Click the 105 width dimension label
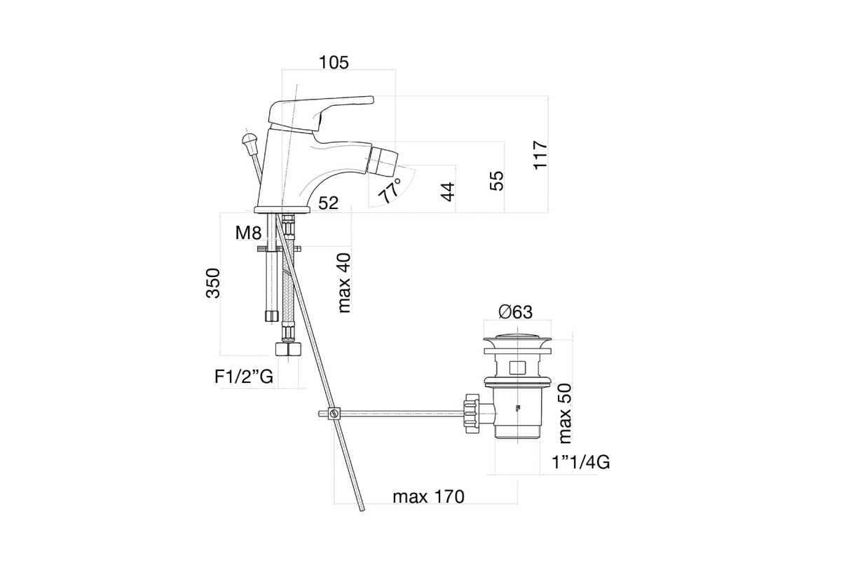click(x=334, y=62)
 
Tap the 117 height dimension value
click(x=540, y=155)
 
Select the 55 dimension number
click(x=497, y=181)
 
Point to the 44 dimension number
click(x=448, y=192)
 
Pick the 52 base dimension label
click(x=329, y=203)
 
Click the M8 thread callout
click(x=248, y=233)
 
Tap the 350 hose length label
click(x=213, y=283)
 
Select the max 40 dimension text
click(x=344, y=283)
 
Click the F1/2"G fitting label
click(x=244, y=377)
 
